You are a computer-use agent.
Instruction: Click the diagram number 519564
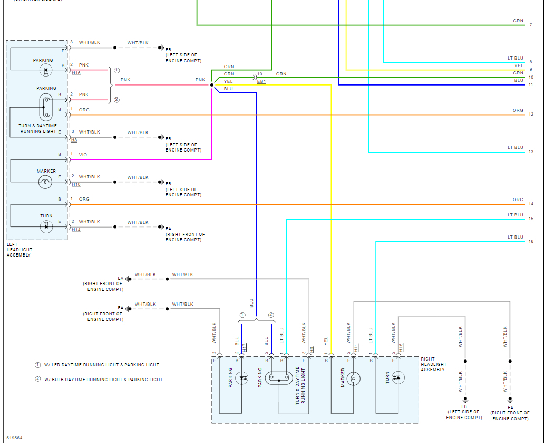tap(14, 438)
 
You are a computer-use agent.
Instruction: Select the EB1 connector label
tap(261, 81)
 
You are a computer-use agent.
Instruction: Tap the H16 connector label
tap(76, 73)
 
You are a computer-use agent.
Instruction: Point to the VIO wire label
tap(83, 155)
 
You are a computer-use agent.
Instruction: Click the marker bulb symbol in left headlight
tap(45, 182)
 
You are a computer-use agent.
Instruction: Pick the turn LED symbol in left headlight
tap(46, 226)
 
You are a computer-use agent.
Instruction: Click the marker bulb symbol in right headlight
tap(353, 379)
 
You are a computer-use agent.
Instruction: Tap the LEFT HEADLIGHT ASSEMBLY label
tap(19, 250)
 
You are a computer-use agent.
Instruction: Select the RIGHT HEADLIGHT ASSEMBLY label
tap(433, 364)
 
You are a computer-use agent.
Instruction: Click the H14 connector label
tap(76, 230)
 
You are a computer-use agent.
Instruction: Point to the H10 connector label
tap(76, 185)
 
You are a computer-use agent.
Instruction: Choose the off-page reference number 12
tap(531, 114)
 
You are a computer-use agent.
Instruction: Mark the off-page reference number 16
tap(531, 241)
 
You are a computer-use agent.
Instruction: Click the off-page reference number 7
tap(531, 25)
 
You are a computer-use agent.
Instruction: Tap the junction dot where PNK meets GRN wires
tap(212, 85)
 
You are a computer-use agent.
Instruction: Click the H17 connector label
tap(245, 347)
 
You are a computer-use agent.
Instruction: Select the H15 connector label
tap(401, 347)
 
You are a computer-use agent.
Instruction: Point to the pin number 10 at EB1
tap(260, 74)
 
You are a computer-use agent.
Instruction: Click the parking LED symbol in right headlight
tap(241, 378)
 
